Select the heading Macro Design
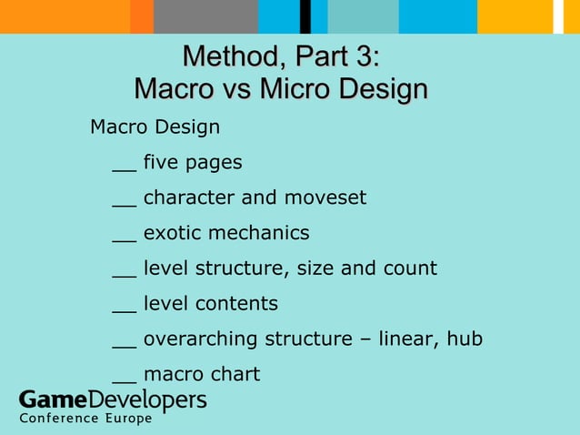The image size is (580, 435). [155, 126]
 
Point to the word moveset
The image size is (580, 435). [325, 197]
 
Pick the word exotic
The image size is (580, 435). [172, 233]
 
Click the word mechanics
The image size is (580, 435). [260, 233]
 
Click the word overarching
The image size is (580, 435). [201, 339]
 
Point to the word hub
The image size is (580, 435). [464, 339]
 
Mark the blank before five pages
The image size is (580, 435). [124, 169]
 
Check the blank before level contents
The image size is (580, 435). [124, 310]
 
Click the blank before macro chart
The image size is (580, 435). [124, 380]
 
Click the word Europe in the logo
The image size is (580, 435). [123, 419]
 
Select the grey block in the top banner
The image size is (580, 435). [205, 16]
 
